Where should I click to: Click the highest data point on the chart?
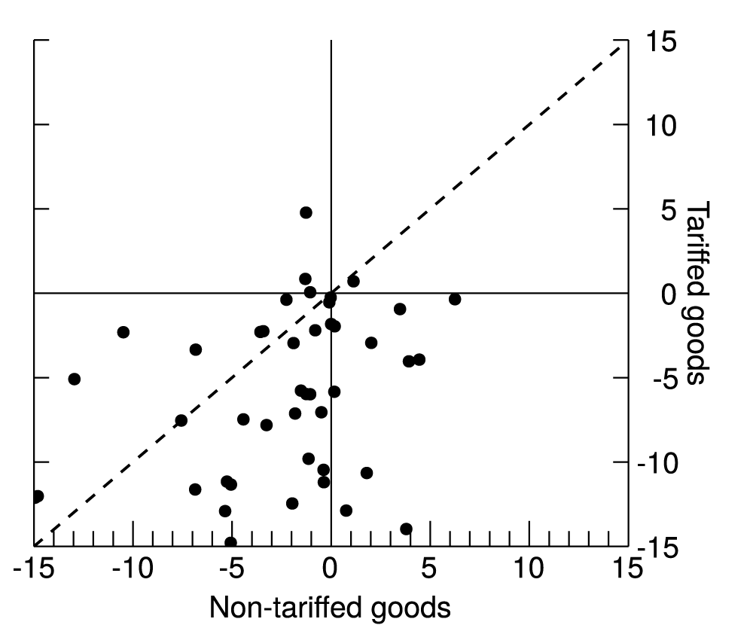[306, 212]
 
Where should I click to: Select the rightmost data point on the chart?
[455, 299]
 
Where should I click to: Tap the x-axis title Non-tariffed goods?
[330, 607]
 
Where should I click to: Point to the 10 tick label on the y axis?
[654, 125]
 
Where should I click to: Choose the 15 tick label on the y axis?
[654, 42]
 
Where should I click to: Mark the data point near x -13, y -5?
[74, 379]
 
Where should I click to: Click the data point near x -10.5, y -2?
[123, 332]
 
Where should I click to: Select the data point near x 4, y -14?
[406, 529]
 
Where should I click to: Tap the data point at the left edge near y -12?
[37, 496]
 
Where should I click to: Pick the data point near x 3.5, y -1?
[400, 309]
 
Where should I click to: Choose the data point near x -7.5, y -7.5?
[181, 420]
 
